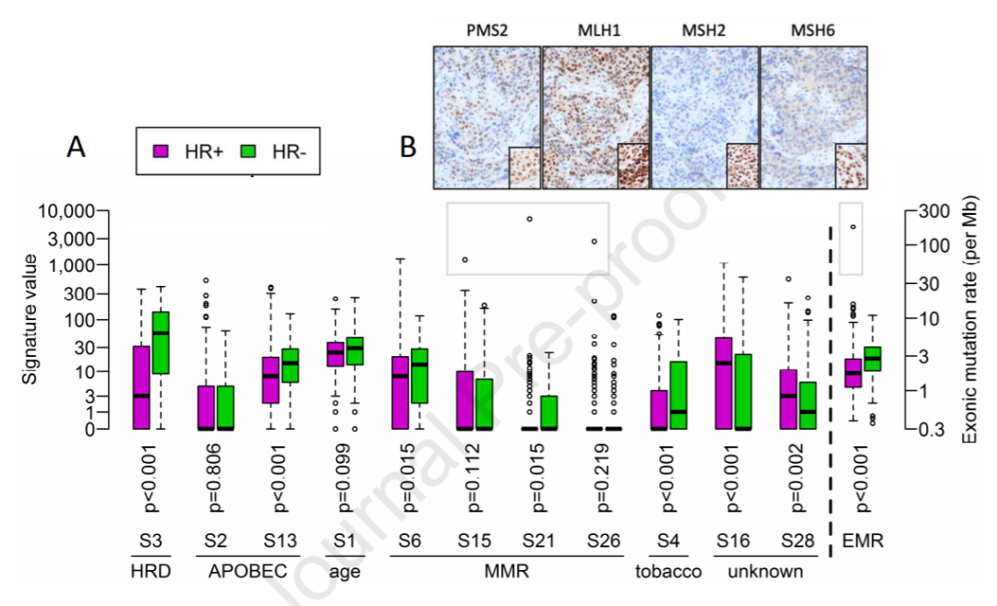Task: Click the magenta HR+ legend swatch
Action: [160, 150]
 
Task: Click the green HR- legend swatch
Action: [248, 150]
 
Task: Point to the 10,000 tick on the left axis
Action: [70, 211]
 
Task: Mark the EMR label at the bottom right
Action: [859, 541]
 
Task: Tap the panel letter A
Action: [76, 147]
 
